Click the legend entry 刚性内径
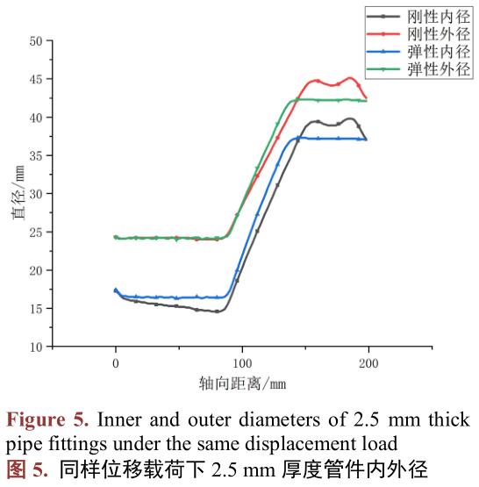[429, 15]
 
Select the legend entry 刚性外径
[429, 33]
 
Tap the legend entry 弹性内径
[429, 53]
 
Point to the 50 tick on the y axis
[35, 40]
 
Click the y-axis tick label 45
[35, 79]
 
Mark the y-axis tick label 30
[35, 194]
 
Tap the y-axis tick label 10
[35, 347]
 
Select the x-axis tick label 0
[116, 362]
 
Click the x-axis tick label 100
[242, 362]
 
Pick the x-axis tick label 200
[368, 362]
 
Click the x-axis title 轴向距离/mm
[242, 383]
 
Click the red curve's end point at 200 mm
[366, 98]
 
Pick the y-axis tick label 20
[35, 270]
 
